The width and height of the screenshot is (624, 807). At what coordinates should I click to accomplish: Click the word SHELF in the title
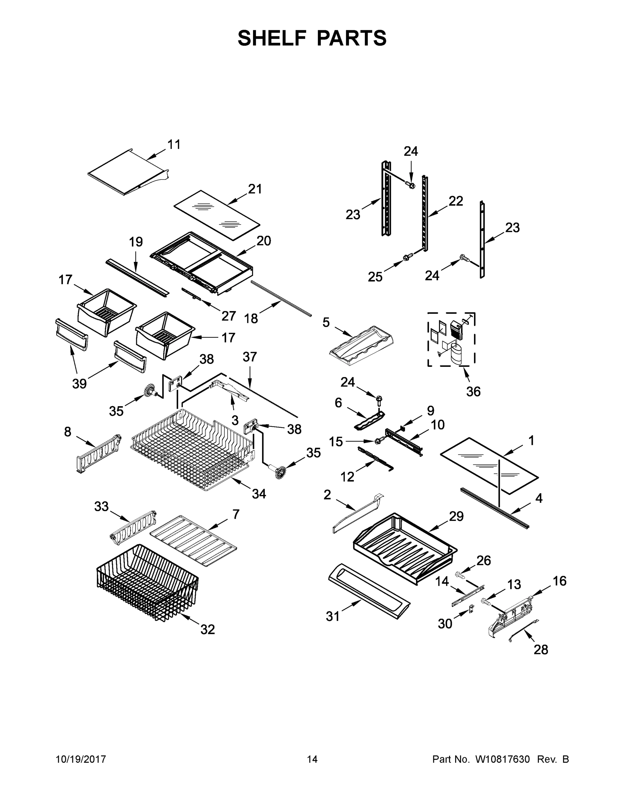point(272,38)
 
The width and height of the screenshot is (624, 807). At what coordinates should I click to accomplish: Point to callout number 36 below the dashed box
point(473,392)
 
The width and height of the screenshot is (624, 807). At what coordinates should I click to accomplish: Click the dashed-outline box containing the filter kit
point(451,339)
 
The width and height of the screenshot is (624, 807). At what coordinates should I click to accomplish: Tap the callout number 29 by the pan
point(456,516)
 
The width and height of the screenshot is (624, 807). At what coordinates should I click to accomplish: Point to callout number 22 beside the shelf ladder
point(455,201)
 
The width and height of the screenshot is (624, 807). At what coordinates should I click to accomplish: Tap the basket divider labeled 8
point(98,453)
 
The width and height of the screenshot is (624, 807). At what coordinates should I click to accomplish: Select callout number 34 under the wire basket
point(259,494)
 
